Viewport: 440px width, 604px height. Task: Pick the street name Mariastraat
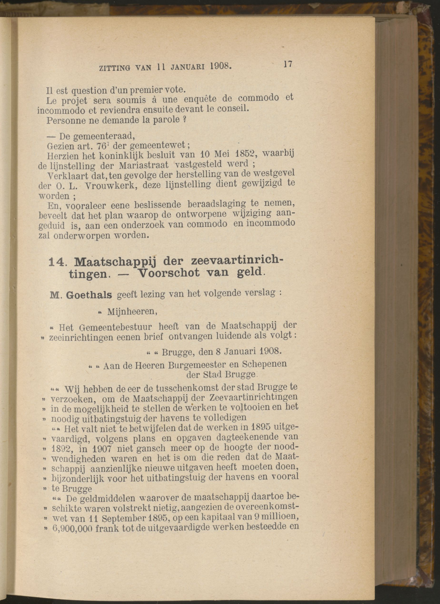click(143, 165)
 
